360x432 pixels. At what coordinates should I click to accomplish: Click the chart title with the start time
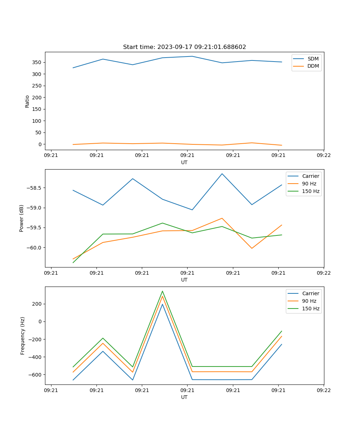point(184,47)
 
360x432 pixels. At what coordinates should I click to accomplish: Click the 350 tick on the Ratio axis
point(37,62)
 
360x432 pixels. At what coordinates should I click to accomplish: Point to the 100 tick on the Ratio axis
point(37,121)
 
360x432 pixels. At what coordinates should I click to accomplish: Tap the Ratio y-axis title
point(27,101)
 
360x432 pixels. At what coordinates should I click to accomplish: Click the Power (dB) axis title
point(22,218)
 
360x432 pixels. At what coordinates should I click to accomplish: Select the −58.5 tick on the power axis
point(33,188)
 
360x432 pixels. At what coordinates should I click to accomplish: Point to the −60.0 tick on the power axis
point(33,248)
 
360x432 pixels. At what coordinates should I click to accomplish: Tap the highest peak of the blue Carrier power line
point(222,174)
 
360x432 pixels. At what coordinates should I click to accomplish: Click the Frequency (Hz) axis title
point(22,336)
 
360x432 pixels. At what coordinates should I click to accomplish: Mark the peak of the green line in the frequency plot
point(162,291)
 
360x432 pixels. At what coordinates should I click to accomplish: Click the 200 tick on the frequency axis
point(37,304)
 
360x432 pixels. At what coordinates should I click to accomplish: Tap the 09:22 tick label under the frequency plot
point(324,390)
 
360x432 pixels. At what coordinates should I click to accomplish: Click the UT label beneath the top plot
point(184,162)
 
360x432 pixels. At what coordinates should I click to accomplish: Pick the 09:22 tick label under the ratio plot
point(324,156)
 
